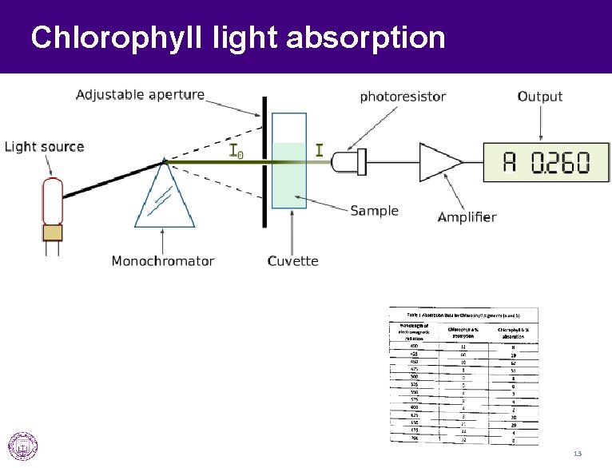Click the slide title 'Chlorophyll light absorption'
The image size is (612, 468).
coord(237,37)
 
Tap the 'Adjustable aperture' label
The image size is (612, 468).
coord(140,95)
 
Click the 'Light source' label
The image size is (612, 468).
coord(45,147)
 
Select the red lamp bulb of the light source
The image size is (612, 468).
coord(53,200)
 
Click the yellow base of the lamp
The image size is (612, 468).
coord(53,232)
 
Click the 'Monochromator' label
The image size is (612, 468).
coord(163,261)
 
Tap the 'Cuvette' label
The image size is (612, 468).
coord(292,261)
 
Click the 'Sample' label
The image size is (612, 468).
coord(374,211)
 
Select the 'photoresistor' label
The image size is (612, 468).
coord(403,97)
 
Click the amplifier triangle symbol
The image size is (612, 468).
coord(439,162)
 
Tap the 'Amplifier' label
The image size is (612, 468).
coord(467,217)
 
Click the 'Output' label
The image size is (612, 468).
coord(540,97)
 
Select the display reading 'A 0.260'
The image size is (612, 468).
coord(545,163)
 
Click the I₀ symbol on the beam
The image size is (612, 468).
coord(236,151)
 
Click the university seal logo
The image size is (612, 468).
coord(22,446)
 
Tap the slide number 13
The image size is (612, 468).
coord(577,454)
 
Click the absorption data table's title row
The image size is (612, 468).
coord(463,315)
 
